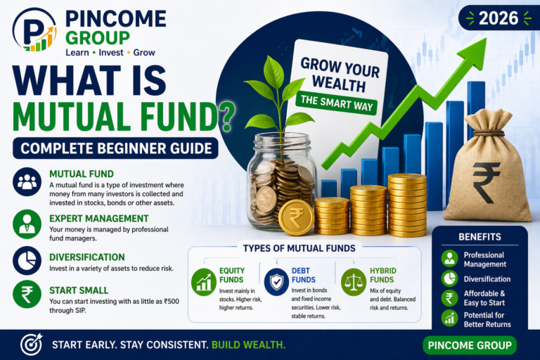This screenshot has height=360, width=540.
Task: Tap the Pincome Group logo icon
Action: coord(34,31)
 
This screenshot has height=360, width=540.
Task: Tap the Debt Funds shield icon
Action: coord(276,282)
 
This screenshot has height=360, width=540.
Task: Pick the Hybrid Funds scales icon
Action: coord(352,281)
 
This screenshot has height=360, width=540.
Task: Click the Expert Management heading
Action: coord(98,219)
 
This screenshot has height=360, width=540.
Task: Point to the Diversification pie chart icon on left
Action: coord(27,261)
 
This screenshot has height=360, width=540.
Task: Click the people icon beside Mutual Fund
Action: coord(27,182)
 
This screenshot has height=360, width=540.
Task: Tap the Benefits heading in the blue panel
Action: coord(479,237)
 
